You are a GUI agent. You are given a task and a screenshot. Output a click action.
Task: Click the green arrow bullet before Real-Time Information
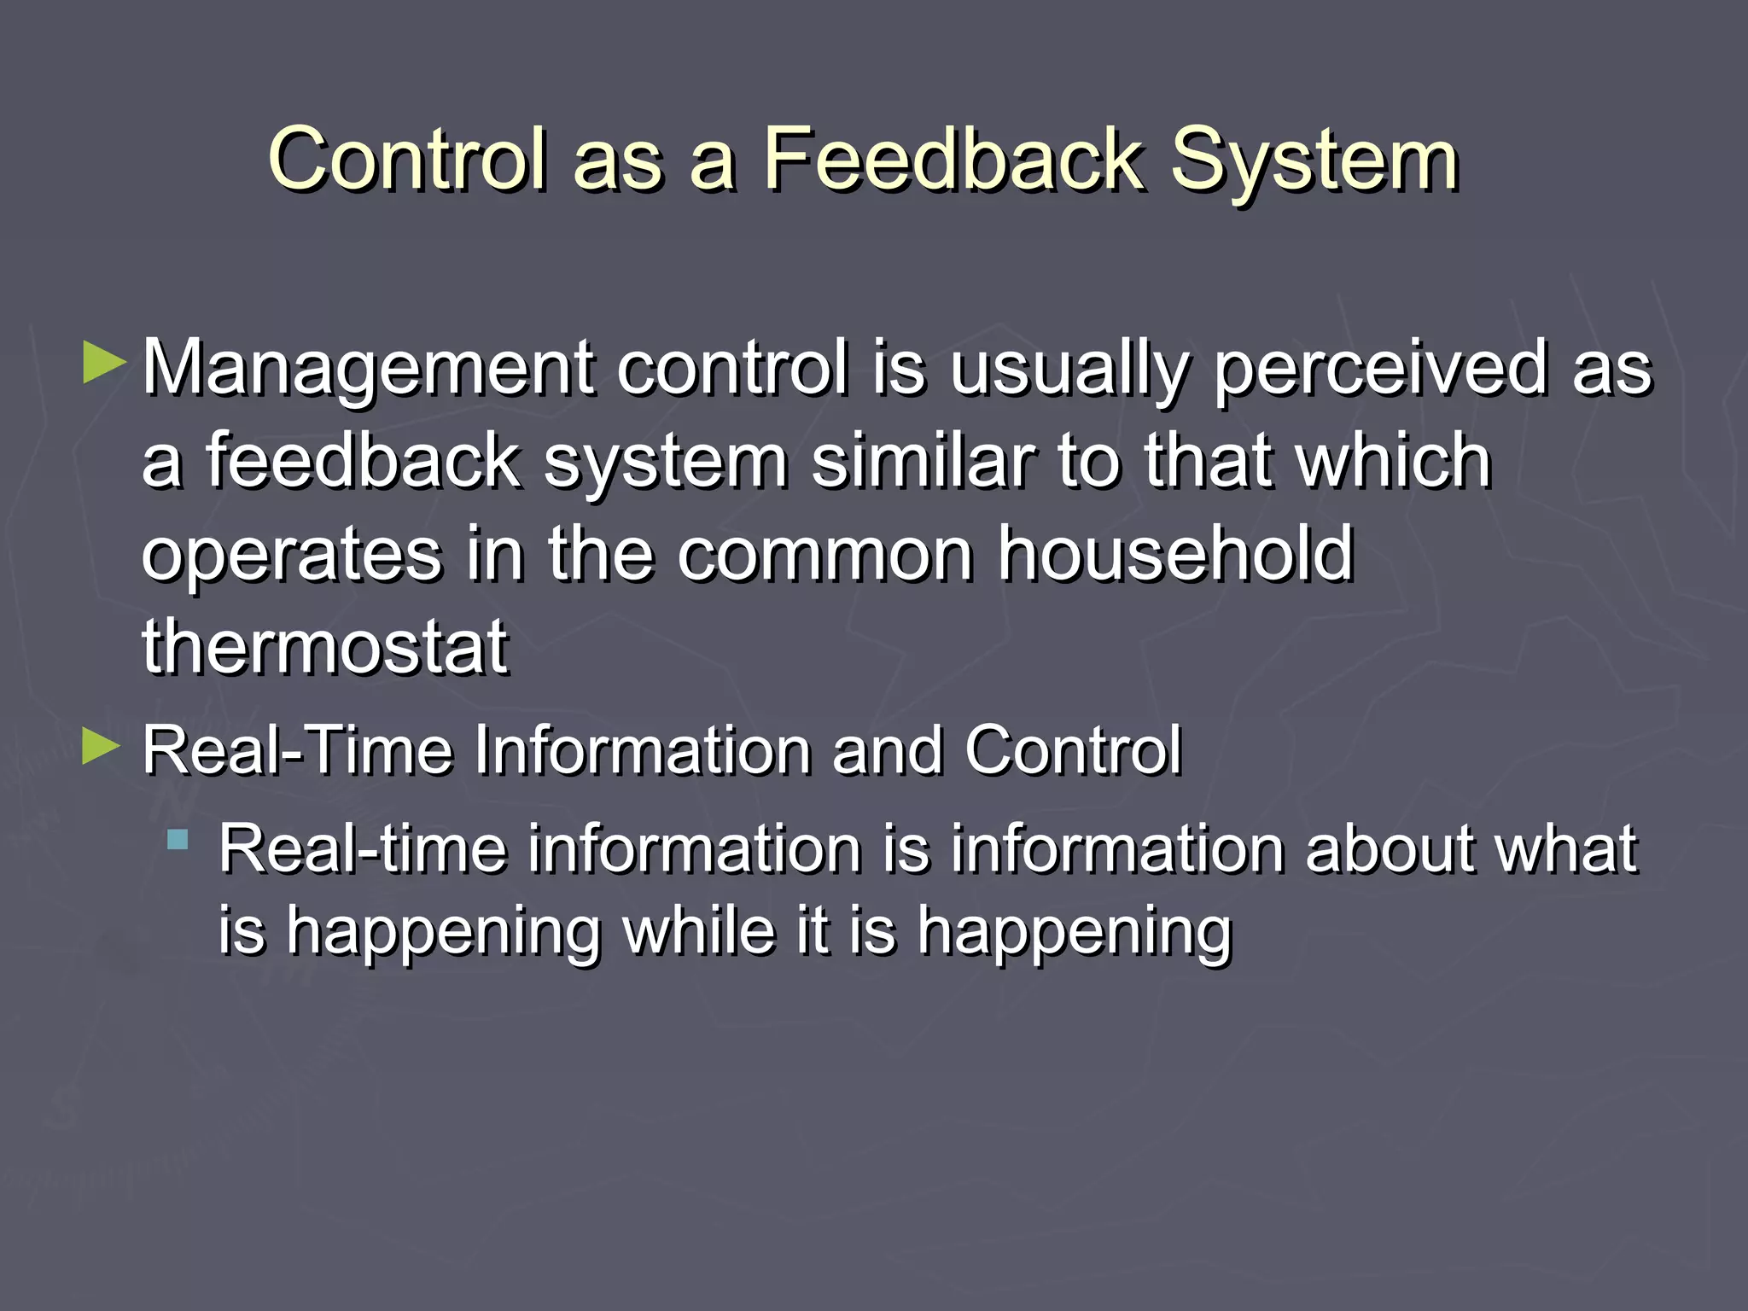click(102, 748)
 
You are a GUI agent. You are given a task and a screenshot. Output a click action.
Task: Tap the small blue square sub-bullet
click(178, 840)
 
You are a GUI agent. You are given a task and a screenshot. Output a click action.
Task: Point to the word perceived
click(1380, 369)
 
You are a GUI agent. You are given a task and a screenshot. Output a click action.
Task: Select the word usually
click(1069, 369)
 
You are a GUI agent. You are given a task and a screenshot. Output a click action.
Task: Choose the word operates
click(291, 555)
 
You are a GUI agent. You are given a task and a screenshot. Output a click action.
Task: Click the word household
click(1176, 555)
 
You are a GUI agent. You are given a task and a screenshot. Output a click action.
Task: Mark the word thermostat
click(325, 647)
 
